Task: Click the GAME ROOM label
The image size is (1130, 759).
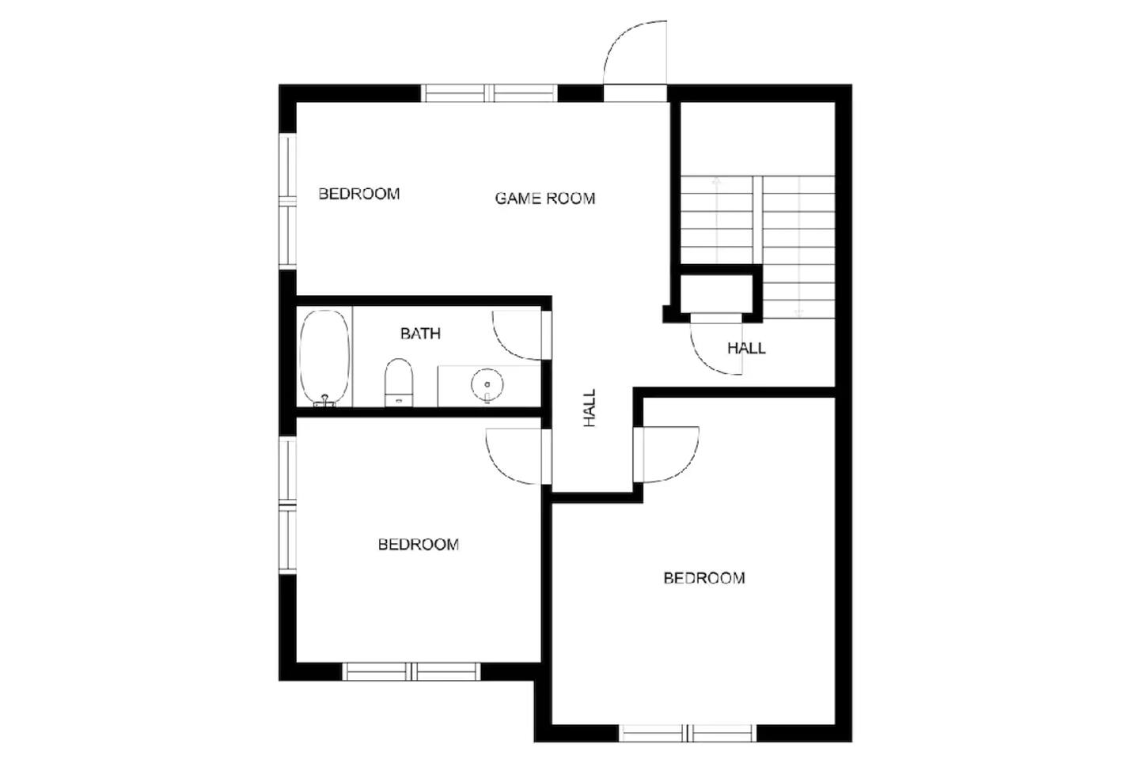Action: click(x=544, y=198)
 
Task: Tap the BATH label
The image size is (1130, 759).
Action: click(x=420, y=333)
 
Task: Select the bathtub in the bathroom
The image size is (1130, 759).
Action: click(x=324, y=358)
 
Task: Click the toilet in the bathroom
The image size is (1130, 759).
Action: click(x=399, y=382)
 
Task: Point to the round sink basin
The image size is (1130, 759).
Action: click(x=487, y=384)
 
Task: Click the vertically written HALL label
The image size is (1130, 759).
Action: click(x=590, y=408)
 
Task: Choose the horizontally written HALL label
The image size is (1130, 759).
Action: click(x=746, y=348)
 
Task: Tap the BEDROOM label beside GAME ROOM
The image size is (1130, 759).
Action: click(x=359, y=194)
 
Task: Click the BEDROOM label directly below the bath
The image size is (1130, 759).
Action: click(x=418, y=544)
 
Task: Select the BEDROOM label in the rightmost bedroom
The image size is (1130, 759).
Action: click(x=703, y=578)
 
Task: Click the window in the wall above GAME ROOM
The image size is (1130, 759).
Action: click(x=489, y=93)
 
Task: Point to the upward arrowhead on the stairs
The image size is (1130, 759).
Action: click(x=716, y=180)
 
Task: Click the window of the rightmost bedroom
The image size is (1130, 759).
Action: click(x=688, y=733)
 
